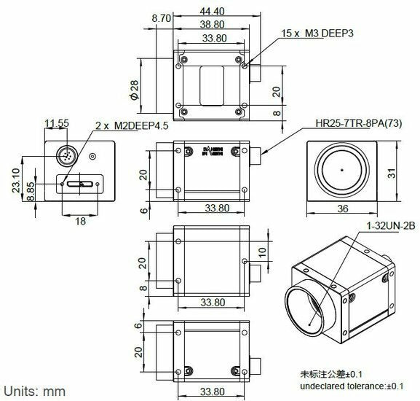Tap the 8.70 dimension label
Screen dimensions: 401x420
point(161,17)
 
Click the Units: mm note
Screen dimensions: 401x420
point(35,389)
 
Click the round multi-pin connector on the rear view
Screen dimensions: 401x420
point(66,157)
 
